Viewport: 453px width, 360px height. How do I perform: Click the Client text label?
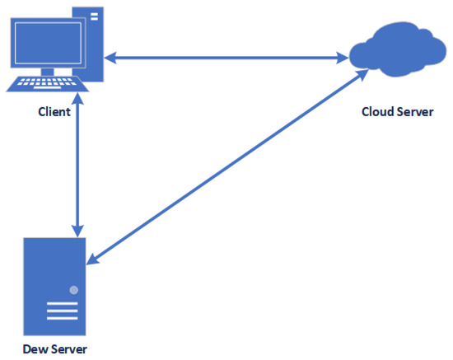pyautogui.click(x=54, y=111)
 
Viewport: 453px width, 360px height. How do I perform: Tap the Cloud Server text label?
pyautogui.click(x=397, y=111)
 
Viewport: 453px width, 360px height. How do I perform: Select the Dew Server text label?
pyautogui.click(x=54, y=348)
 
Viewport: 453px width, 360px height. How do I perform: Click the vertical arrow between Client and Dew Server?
pyautogui.click(x=78, y=168)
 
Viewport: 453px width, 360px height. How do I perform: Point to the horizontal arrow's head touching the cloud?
pyautogui.click(x=341, y=58)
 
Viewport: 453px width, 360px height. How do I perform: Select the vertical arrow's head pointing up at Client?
pyautogui.click(x=78, y=110)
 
